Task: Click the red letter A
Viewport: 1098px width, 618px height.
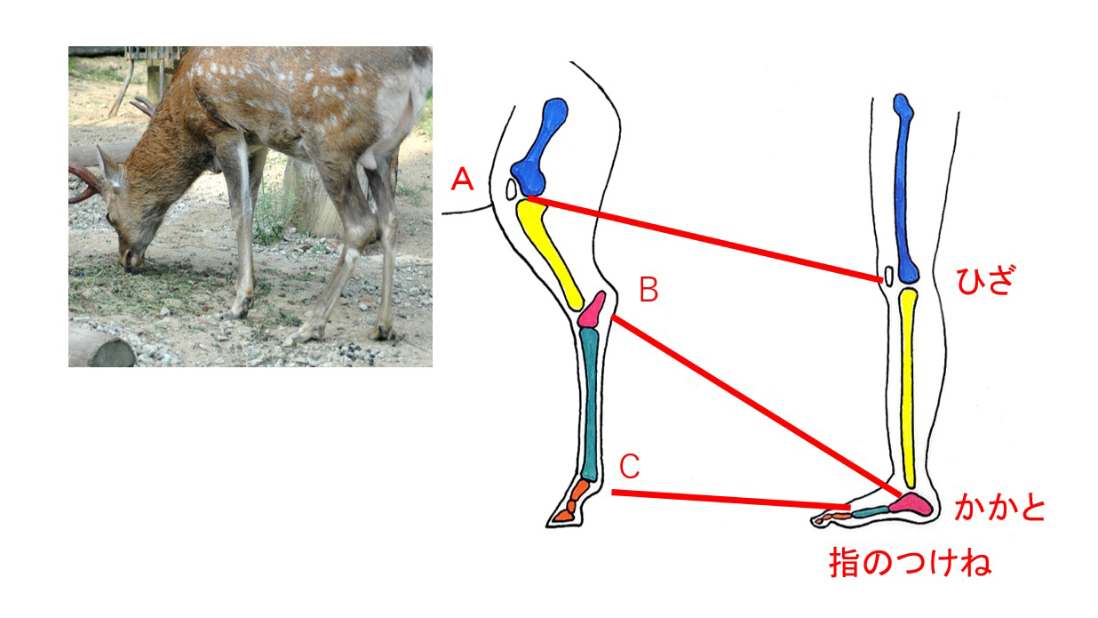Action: tap(461, 181)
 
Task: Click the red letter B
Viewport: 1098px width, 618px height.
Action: tap(648, 290)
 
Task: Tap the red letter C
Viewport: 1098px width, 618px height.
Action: tap(629, 465)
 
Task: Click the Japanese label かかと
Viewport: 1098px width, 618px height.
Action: tap(999, 508)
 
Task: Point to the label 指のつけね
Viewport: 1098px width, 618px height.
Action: tap(910, 562)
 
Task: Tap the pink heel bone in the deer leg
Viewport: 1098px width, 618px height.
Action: tap(593, 309)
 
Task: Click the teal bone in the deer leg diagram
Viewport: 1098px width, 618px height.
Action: tap(591, 400)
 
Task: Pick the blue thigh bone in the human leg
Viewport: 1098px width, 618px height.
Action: tap(905, 187)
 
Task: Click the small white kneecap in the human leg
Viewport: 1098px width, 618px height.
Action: tap(888, 277)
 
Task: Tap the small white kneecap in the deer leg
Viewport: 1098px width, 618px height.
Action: tap(512, 189)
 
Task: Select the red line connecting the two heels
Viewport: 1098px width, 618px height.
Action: tap(755, 405)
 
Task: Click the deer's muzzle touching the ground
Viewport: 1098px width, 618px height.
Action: tap(131, 260)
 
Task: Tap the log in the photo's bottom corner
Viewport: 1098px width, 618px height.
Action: tap(99, 348)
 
